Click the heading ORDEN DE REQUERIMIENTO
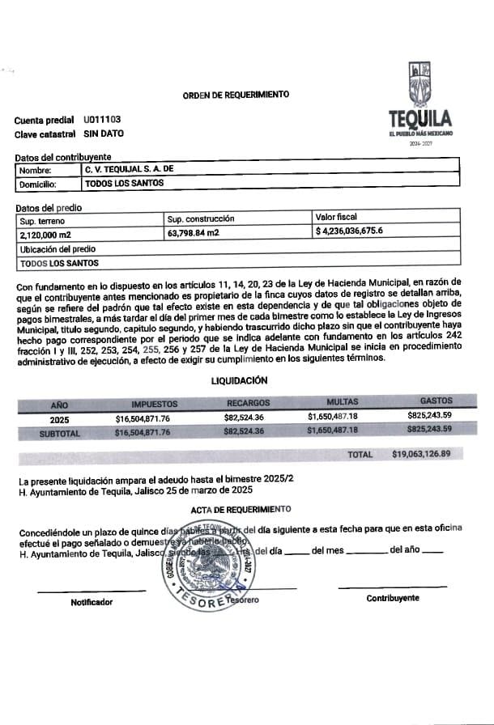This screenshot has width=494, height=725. [236, 95]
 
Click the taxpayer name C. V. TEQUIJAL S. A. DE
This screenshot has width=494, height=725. [130, 170]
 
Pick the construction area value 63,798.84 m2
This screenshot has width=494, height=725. [193, 233]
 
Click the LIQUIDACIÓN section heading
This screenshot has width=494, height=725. [241, 380]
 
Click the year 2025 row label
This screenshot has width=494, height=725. [59, 419]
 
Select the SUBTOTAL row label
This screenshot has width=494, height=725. [60, 433]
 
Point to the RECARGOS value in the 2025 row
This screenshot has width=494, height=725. [244, 418]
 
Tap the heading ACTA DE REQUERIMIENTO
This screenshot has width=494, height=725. [241, 509]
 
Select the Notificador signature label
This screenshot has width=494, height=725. [92, 602]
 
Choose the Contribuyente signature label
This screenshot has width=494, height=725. [393, 598]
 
